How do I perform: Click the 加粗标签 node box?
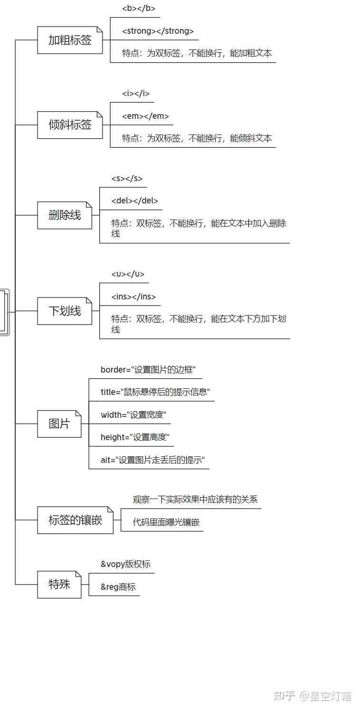point(70,40)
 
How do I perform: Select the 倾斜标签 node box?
point(70,125)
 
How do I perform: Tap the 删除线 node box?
point(65,215)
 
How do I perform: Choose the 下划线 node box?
point(65,311)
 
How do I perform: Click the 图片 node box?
point(59,424)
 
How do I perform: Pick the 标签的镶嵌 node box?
point(76,520)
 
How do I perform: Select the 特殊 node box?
point(59,585)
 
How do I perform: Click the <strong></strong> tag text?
point(158,31)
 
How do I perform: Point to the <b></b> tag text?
point(139,8)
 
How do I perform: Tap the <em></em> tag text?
point(146,116)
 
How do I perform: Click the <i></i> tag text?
point(136,93)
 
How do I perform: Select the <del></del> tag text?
point(135,201)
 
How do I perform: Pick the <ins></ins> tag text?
point(133,297)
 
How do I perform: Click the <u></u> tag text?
point(128,274)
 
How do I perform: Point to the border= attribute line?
point(148,370)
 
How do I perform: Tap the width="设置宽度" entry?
point(133,415)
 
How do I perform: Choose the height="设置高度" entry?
point(135,437)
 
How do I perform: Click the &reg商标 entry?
point(118,587)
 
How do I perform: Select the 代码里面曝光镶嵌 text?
point(166,522)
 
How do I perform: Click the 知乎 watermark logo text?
point(284,696)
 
